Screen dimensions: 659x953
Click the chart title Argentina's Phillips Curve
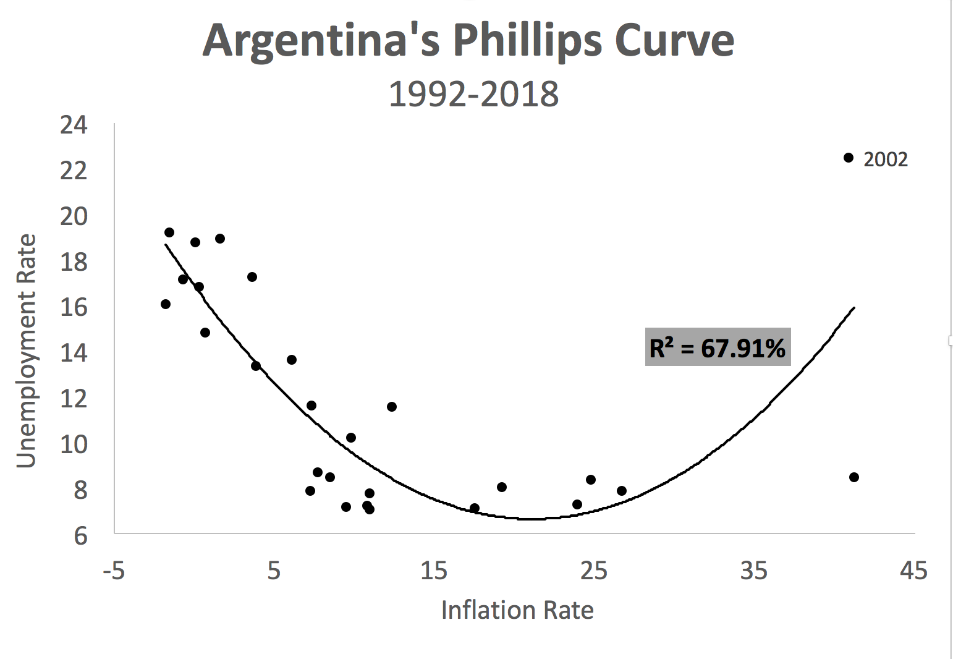pyautogui.click(x=468, y=40)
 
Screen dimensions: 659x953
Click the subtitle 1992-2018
pyautogui.click(x=473, y=95)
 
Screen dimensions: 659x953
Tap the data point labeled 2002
pyautogui.click(x=849, y=158)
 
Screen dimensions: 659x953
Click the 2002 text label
pyautogui.click(x=885, y=159)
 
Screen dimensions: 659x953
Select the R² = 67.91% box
pyautogui.click(x=718, y=347)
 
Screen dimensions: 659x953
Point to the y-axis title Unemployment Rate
pyautogui.click(x=26, y=351)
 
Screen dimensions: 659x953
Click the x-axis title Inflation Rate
pyautogui.click(x=517, y=610)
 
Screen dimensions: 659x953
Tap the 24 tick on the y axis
pyautogui.click(x=74, y=125)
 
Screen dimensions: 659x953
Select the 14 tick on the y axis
pyautogui.click(x=74, y=353)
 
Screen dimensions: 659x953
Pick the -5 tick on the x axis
pyautogui.click(x=114, y=571)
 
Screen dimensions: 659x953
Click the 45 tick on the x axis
pyautogui.click(x=913, y=571)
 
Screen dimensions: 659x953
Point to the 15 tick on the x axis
pyautogui.click(x=434, y=571)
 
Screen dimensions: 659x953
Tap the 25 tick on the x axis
pyautogui.click(x=593, y=571)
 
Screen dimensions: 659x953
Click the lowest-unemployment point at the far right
pyautogui.click(x=854, y=477)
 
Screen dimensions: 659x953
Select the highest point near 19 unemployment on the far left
pyautogui.click(x=169, y=232)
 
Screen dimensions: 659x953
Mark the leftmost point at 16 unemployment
pyautogui.click(x=166, y=304)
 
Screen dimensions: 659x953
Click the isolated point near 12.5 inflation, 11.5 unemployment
pyautogui.click(x=392, y=407)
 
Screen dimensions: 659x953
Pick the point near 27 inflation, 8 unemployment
pyautogui.click(x=622, y=491)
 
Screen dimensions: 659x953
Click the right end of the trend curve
pyautogui.click(x=853, y=307)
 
